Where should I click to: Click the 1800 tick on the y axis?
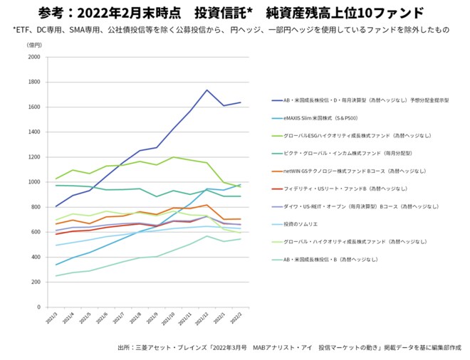pos(33,82)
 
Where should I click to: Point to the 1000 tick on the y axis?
pos(33,182)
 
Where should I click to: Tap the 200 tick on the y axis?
pos(35,282)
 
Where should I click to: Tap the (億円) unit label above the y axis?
pos(34,45)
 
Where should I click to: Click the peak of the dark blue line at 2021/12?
pos(207,90)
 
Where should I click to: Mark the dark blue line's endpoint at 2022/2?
pos(241,102)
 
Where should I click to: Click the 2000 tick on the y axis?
pos(33,57)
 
